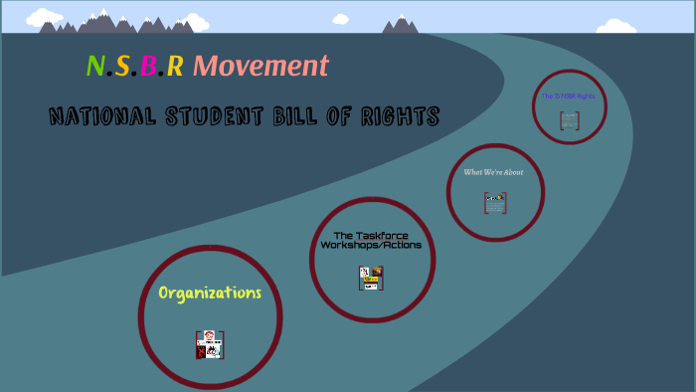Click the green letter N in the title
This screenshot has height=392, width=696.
click(x=94, y=67)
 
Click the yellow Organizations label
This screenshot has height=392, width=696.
click(x=210, y=293)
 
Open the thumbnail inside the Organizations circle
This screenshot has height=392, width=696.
click(x=210, y=344)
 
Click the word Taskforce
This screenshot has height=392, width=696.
click(x=383, y=235)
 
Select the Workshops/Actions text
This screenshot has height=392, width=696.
click(x=371, y=246)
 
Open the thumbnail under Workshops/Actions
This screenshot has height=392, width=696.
click(x=371, y=278)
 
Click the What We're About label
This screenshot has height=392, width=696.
click(x=493, y=171)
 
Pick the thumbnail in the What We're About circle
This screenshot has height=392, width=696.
click(x=495, y=202)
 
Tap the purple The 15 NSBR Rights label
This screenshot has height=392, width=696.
click(x=568, y=97)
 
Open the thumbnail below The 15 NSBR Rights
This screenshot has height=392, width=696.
click(x=569, y=120)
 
